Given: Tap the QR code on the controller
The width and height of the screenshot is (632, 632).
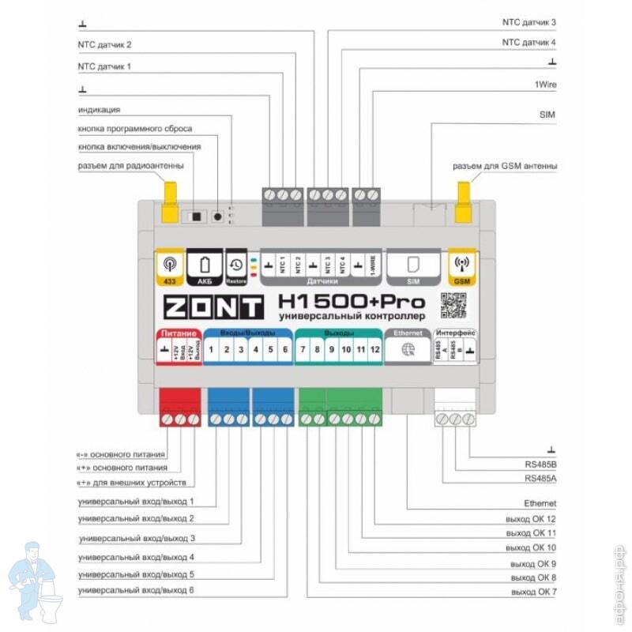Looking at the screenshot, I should coord(454,305).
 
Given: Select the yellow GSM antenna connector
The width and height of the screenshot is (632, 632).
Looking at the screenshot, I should coord(462,202).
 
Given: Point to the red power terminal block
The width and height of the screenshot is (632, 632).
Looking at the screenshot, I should coord(179,407).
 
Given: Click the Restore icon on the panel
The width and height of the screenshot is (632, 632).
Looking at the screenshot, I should coord(236,267).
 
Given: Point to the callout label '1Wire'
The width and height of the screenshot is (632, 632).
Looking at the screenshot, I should coord(544,82).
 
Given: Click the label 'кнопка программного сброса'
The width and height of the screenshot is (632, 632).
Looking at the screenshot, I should coord(135,128).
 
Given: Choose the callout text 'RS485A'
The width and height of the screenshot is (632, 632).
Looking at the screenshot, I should coord(540,479).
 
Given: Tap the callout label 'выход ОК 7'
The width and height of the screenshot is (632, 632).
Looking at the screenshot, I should coord(533,592).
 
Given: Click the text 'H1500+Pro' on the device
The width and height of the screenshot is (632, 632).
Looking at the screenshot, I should coord(352,302).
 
